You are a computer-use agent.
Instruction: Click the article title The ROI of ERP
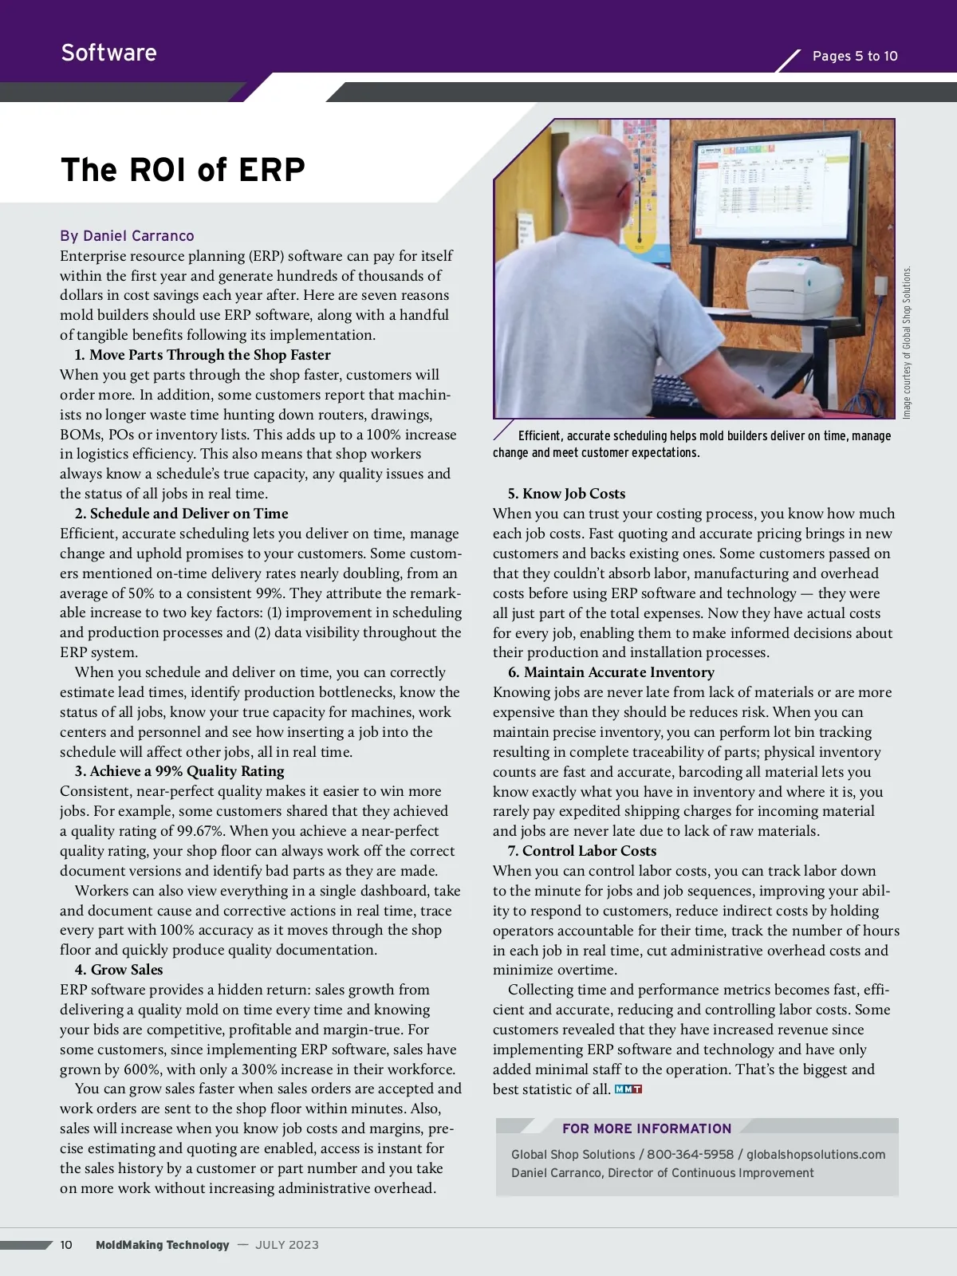(183, 170)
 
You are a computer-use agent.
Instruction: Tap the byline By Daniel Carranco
(127, 236)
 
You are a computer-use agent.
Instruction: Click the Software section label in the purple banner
(108, 53)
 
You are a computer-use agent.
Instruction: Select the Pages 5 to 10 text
(854, 56)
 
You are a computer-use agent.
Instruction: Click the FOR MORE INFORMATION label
(647, 1128)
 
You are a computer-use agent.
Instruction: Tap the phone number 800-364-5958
(690, 1154)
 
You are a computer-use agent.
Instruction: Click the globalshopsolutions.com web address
(816, 1154)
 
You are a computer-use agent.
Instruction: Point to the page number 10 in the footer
(66, 1245)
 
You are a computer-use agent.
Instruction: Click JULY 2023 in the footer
(287, 1245)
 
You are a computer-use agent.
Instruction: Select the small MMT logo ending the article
(628, 1089)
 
